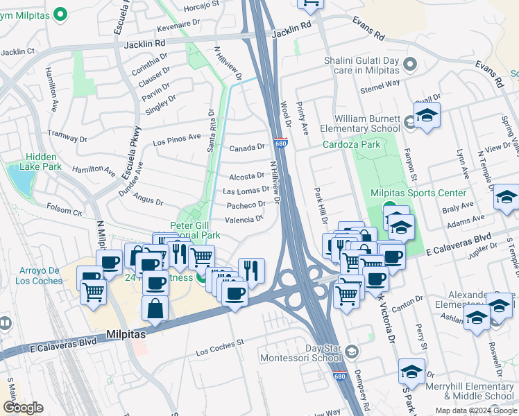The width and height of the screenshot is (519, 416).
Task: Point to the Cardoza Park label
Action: pyautogui.click(x=352, y=145)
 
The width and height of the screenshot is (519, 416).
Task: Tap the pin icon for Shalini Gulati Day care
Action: pyautogui.click(x=410, y=66)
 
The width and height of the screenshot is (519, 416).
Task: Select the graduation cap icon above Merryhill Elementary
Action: pyautogui.click(x=411, y=372)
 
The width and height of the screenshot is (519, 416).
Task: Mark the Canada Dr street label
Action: pyautogui.click(x=248, y=147)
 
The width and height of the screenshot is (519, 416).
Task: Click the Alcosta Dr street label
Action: pyautogui.click(x=246, y=177)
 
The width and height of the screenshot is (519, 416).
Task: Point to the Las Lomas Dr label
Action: pyautogui.click(x=246, y=190)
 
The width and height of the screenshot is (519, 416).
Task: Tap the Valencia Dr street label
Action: pyautogui.click(x=244, y=218)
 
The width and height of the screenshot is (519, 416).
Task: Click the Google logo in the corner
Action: pyautogui.click(x=23, y=408)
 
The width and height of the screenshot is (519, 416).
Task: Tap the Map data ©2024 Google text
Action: pyautogui.click(x=475, y=410)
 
